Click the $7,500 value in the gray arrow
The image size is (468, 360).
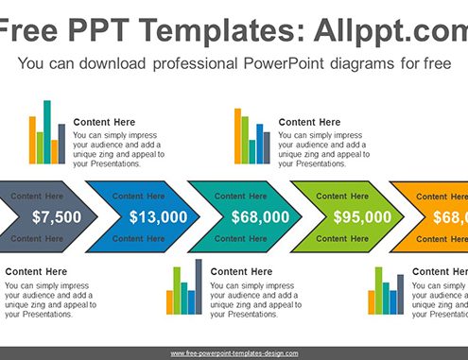coord(57,217)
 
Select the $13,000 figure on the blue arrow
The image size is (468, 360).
coord(159,217)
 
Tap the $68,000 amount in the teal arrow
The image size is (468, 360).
coord(260,217)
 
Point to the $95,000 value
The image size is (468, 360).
coord(362,217)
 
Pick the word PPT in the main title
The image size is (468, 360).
coord(98,30)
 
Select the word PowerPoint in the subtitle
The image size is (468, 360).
coord(284,63)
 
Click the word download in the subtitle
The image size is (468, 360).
coord(113,63)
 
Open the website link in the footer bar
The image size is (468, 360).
coord(234,353)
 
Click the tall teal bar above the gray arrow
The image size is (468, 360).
coord(47,132)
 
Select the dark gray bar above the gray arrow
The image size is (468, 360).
coord(61,144)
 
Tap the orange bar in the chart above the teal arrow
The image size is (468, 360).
coord(237,136)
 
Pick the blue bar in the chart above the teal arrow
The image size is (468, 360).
coord(260,144)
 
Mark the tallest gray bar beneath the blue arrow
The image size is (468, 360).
coord(199,286)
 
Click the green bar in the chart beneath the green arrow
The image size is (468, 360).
coord(378,291)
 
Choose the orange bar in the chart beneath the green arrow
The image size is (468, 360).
coord(372,302)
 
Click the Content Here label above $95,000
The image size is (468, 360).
coord(342,197)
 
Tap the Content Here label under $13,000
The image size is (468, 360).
coord(138,239)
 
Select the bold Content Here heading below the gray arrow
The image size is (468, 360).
coord(36,271)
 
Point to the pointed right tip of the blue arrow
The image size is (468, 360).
coord(199,216)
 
